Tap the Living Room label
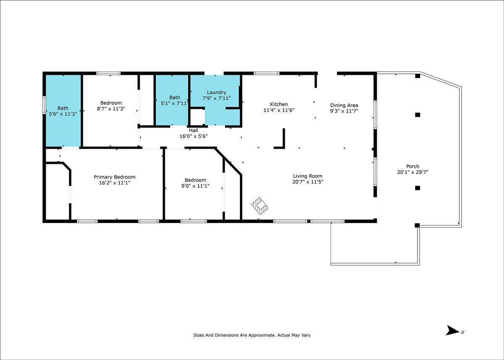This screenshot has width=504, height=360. [307, 176]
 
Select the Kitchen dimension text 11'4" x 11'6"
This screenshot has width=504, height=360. [279, 110]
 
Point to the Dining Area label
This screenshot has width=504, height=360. [344, 105]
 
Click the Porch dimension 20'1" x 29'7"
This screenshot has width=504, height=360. [412, 172]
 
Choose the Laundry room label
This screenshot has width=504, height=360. [216, 92]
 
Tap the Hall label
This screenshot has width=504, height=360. [194, 130]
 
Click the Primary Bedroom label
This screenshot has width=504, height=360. [115, 177]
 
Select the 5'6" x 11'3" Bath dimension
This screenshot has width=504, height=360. [63, 114]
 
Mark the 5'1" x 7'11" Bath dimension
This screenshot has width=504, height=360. [174, 103]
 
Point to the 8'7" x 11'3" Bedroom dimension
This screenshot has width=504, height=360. [111, 109]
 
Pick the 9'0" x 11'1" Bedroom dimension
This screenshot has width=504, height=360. [195, 186]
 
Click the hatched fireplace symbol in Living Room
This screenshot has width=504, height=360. [260, 206]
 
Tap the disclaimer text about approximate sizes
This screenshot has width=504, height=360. [252, 335]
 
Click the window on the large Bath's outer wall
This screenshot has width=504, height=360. [44, 105]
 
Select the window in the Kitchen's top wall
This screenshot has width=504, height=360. [267, 73]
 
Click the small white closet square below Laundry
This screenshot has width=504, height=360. [197, 117]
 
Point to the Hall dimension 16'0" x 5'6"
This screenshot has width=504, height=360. [194, 136]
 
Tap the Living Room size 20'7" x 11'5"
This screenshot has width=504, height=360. [307, 182]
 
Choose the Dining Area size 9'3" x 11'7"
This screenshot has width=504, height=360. [344, 111]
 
